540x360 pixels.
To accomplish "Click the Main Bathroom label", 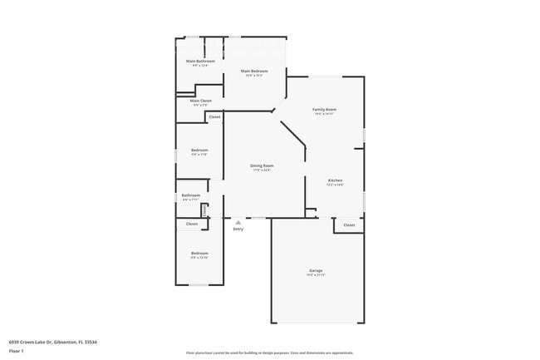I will coord(200,62).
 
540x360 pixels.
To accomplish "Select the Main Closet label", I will coord(200,101).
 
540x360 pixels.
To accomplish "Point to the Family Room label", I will coord(324,110).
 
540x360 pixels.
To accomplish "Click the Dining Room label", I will coord(262,165).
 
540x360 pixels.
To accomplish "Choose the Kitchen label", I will coord(335,180).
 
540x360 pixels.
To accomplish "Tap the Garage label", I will coord(316,270).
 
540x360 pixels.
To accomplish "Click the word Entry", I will coord(238,229).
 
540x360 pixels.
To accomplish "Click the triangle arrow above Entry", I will coord(238,222).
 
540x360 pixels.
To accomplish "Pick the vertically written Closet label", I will coord(204,210).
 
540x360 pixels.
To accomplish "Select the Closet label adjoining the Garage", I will coord(349,224).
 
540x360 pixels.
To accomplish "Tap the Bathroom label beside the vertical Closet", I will coord(191,195).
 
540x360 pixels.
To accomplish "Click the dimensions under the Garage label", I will coord(316,275).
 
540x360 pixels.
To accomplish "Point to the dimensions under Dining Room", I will coord(262,170).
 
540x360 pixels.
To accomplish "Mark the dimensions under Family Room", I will coord(324,115).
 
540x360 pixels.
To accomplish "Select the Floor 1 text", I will coord(17,352).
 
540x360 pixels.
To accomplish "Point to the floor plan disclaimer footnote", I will coord(270,353).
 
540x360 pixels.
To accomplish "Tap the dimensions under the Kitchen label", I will coord(335,185).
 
